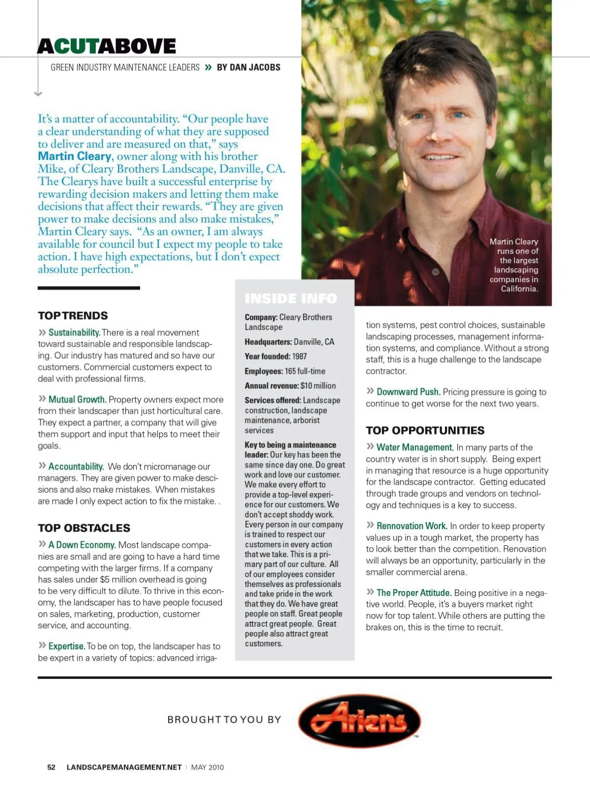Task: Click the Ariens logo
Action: [x=359, y=721]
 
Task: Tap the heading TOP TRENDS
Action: [x=73, y=316]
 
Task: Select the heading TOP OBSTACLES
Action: [x=84, y=528]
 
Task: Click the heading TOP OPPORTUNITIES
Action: [x=425, y=430]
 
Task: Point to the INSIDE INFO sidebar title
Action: [x=291, y=298]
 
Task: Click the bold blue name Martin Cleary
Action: [x=75, y=156]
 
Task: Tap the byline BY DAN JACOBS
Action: [x=248, y=67]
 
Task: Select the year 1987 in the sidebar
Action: [x=299, y=356]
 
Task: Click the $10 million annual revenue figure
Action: [x=318, y=386]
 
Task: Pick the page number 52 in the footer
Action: [x=51, y=767]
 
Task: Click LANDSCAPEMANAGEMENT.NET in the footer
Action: [x=124, y=767]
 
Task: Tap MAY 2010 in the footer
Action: [x=207, y=767]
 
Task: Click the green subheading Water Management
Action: [x=414, y=447]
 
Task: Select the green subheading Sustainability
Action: [x=74, y=332]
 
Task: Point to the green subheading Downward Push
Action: [x=408, y=392]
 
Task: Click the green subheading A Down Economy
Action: [x=82, y=545]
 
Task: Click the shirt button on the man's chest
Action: [x=435, y=272]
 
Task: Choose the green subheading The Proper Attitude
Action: [x=413, y=593]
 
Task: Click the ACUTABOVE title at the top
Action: [x=107, y=46]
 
